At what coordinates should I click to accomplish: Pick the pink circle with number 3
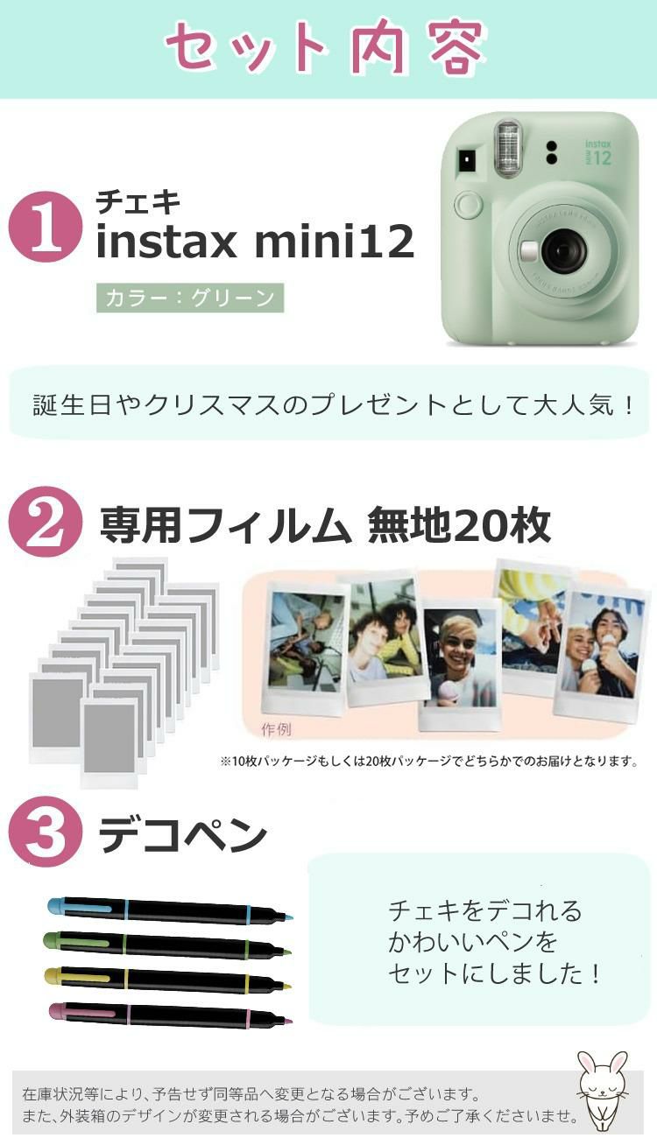click(45, 832)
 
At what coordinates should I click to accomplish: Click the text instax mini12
click(254, 242)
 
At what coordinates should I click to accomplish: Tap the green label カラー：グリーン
click(190, 298)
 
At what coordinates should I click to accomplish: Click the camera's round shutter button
click(469, 207)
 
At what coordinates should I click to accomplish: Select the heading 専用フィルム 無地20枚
click(324, 525)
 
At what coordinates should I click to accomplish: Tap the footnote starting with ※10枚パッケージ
click(427, 762)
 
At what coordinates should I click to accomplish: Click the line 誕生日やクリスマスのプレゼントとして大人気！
click(333, 405)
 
